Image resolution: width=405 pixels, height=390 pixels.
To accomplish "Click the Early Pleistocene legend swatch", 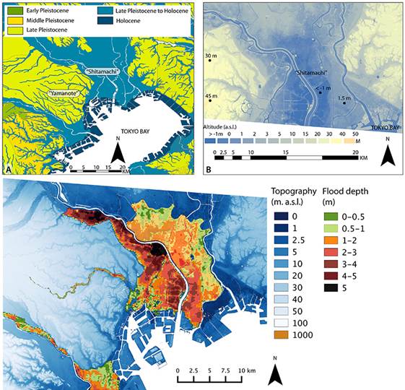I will coord(12,9).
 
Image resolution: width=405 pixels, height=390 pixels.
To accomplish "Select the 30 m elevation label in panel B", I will coord(211,56).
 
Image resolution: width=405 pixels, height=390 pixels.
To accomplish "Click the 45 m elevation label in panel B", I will coord(211,96).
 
